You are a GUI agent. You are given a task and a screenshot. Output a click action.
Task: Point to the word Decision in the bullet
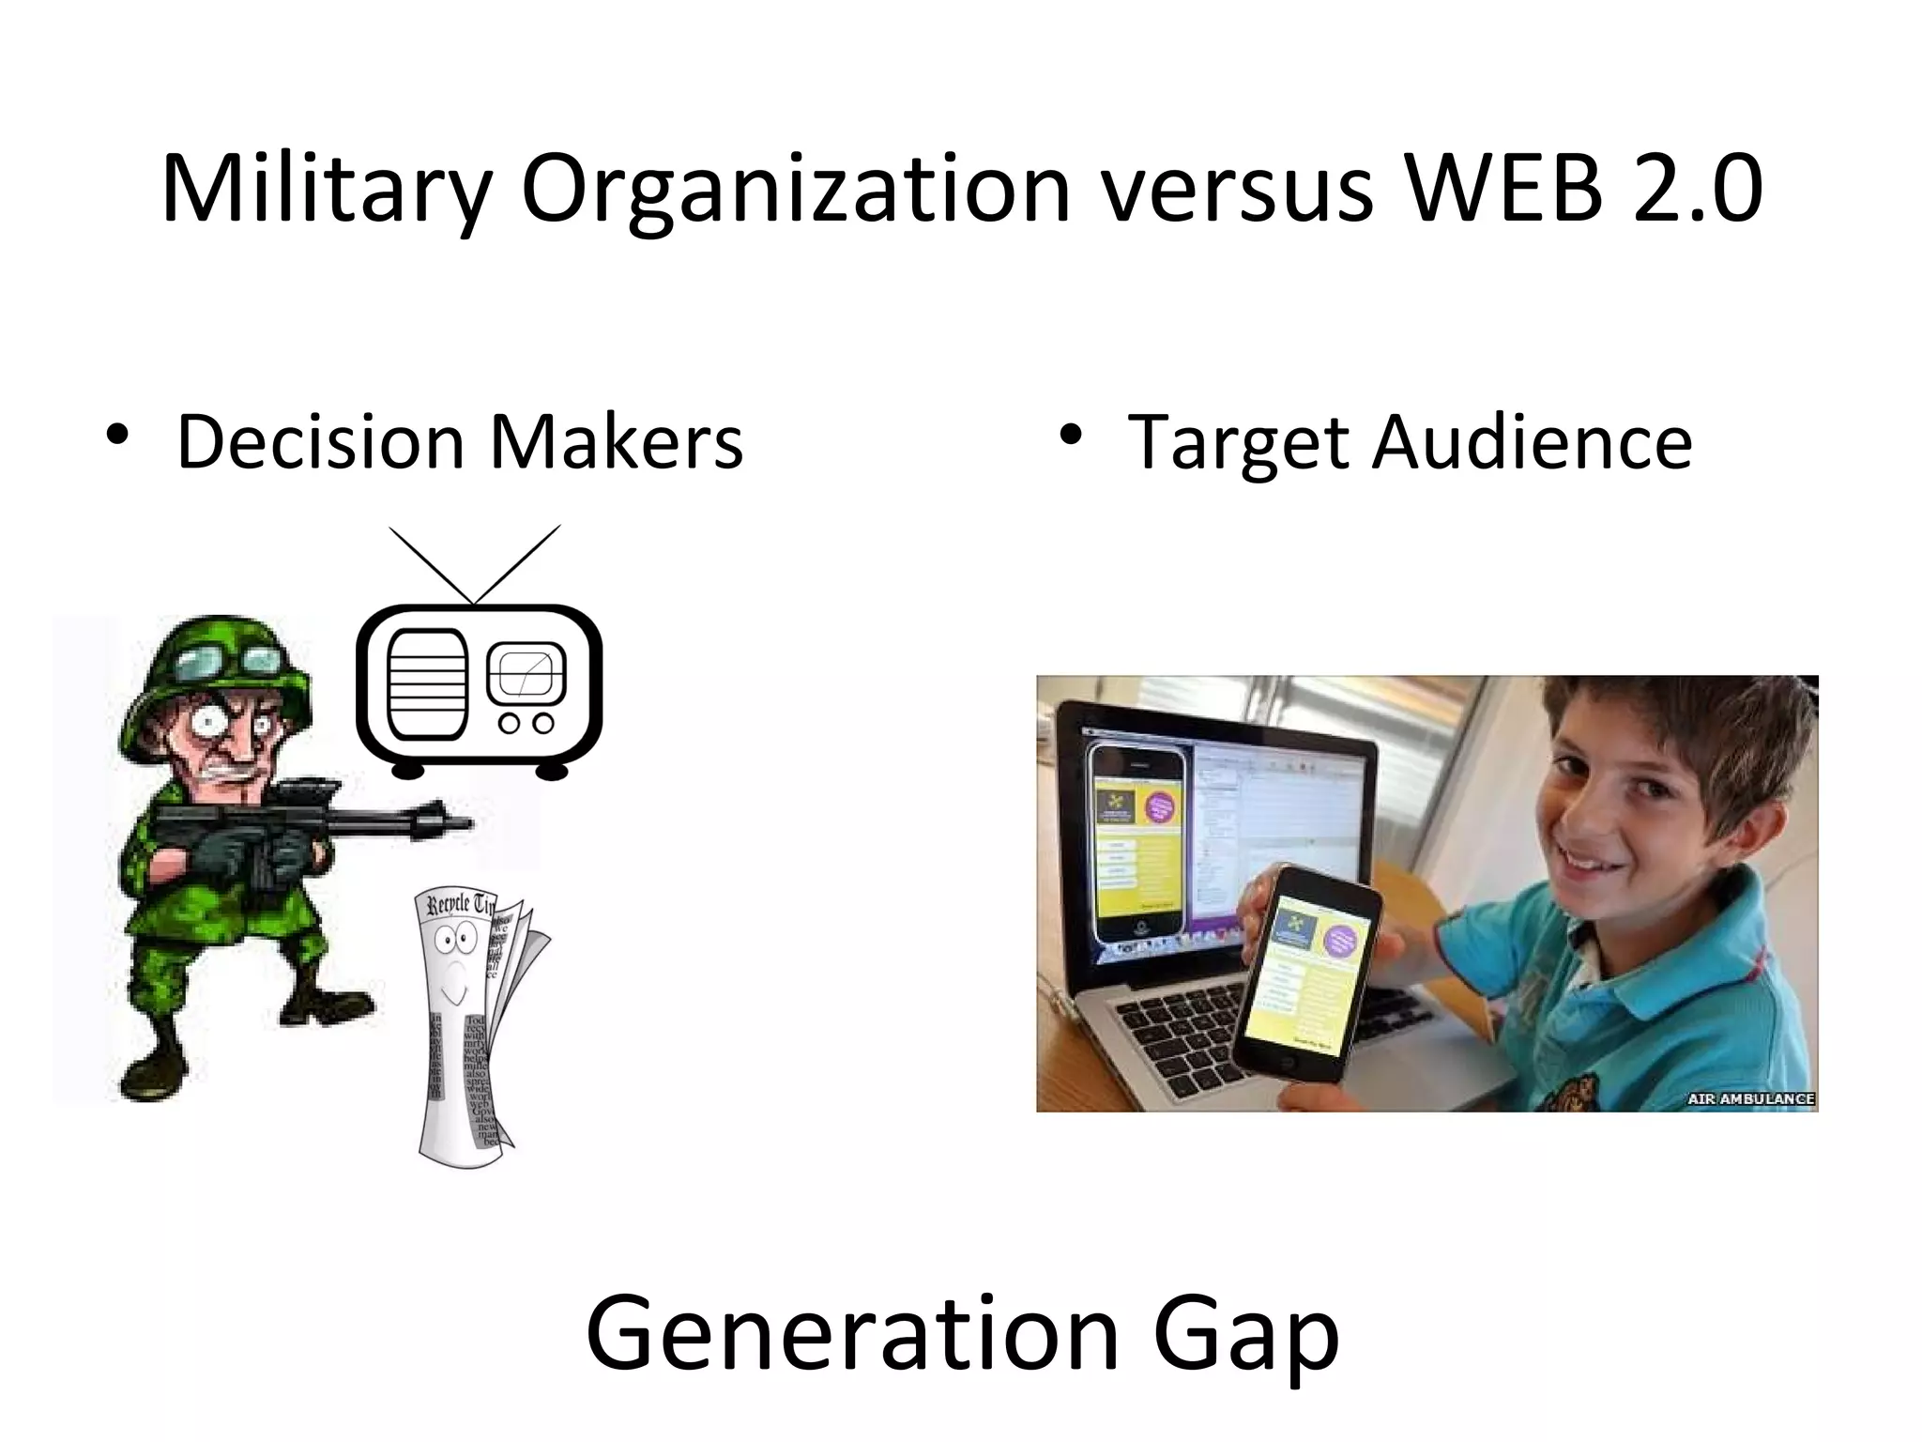click(320, 441)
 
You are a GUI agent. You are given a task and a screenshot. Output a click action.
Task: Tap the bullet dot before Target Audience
click(1067, 435)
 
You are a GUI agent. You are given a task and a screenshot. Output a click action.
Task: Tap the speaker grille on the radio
click(427, 685)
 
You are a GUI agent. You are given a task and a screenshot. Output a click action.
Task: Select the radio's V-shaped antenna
click(475, 563)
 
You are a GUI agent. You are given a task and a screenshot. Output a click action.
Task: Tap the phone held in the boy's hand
click(1307, 972)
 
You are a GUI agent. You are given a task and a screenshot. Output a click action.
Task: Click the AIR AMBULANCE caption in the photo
click(1750, 1098)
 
